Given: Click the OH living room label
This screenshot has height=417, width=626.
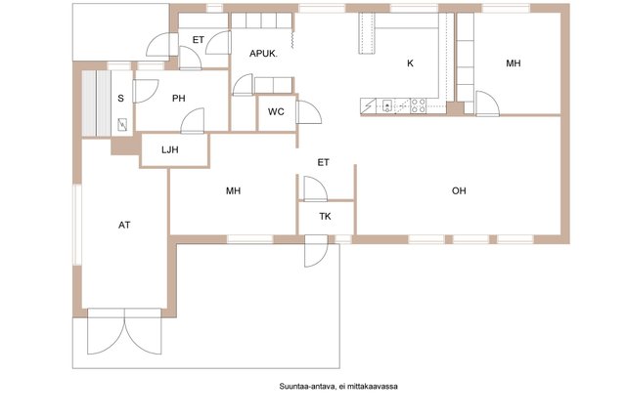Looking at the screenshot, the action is click(459, 191).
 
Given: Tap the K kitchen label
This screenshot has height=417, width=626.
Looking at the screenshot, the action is click(410, 63).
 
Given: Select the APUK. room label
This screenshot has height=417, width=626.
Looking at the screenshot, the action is click(263, 54).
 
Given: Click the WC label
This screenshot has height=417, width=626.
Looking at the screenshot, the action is click(276, 111).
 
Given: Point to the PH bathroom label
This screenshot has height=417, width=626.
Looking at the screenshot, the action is click(178, 98).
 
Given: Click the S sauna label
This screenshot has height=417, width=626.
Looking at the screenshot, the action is click(120, 98).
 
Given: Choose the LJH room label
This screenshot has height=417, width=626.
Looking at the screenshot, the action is click(169, 149).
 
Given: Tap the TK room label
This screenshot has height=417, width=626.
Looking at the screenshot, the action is click(325, 217).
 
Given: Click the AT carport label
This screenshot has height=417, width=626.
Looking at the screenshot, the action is click(124, 226).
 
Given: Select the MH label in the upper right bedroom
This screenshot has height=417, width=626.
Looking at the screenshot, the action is click(513, 63).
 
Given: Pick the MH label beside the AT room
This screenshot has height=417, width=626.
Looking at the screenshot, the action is click(233, 191).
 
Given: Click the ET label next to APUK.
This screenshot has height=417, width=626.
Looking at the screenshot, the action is click(198, 40).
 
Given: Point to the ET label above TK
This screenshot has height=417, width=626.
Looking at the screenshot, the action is click(323, 162).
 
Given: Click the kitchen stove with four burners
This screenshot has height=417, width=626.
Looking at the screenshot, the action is click(418, 105).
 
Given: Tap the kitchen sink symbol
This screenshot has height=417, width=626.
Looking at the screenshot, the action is click(387, 105).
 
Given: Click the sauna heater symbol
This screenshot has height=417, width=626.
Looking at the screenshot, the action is click(122, 125).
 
